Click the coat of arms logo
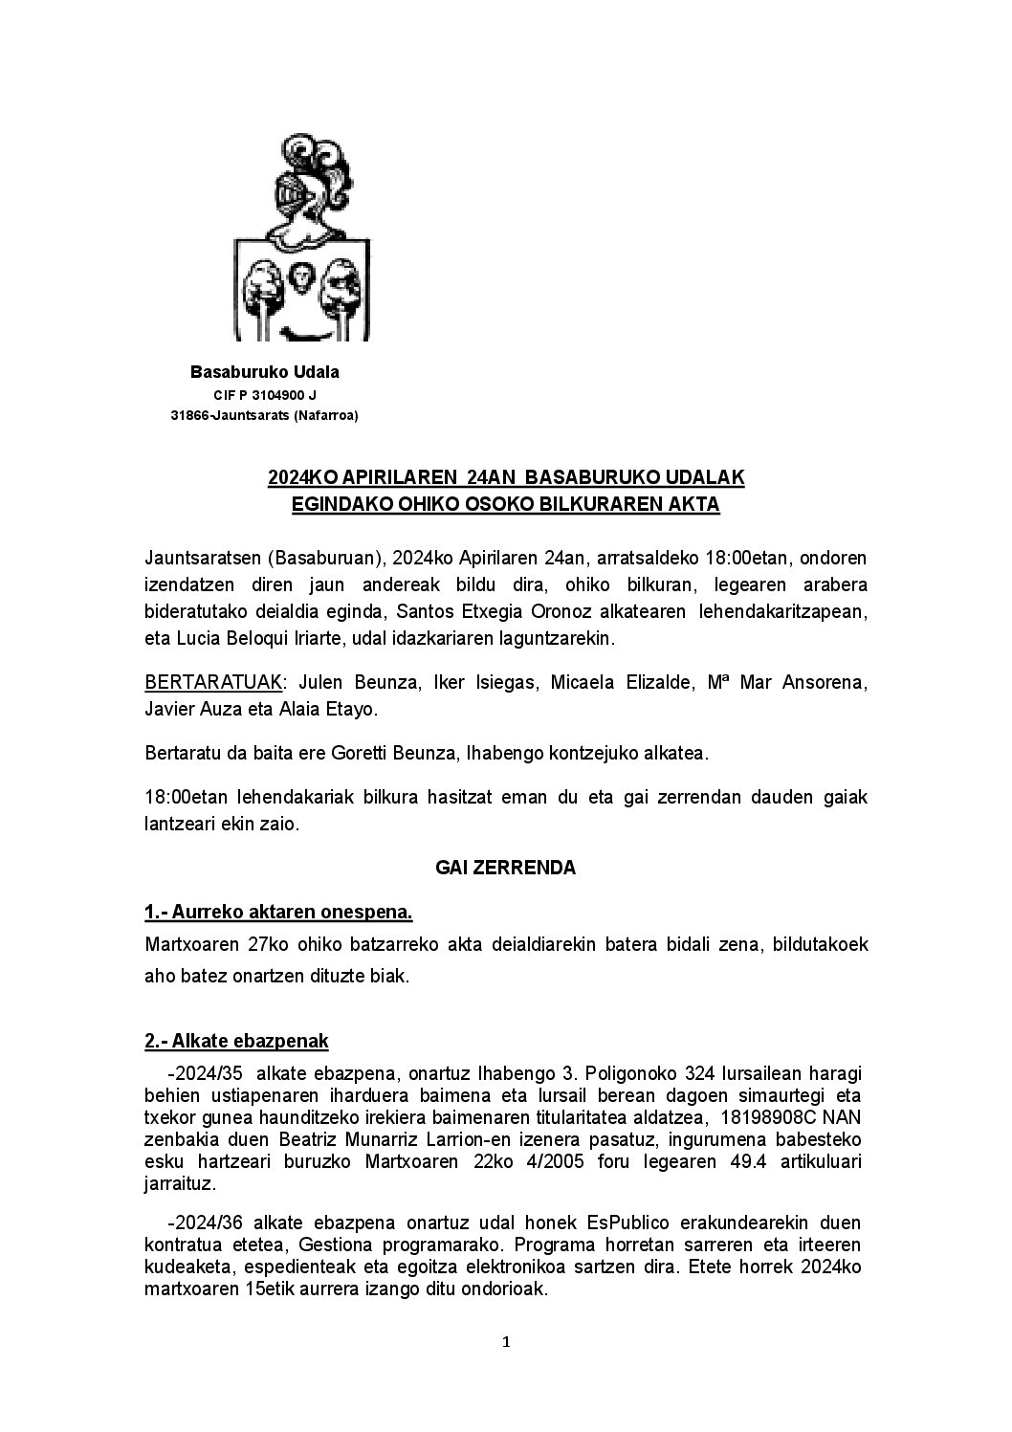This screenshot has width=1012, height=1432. pyautogui.click(x=301, y=238)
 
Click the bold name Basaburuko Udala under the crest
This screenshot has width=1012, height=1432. pyautogui.click(x=265, y=371)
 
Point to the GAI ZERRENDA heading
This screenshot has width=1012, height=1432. pyautogui.click(x=505, y=868)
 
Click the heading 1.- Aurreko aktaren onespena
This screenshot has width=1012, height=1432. pyautogui.click(x=278, y=912)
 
